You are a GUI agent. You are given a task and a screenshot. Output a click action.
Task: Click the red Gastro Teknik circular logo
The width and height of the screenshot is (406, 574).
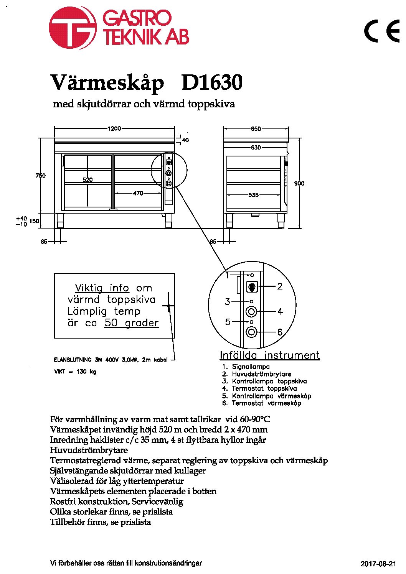coord(73,28)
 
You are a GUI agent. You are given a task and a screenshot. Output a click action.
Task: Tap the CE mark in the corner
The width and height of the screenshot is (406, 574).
coord(382,31)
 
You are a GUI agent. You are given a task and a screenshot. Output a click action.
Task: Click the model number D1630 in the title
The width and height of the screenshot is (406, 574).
coord(212,82)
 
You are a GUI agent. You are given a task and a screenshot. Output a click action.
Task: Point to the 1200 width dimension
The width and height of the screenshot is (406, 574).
coord(114,128)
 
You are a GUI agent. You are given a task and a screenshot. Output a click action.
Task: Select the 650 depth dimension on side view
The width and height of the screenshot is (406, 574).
coord(256,128)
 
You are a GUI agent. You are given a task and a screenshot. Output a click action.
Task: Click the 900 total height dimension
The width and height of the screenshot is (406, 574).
coord(299,184)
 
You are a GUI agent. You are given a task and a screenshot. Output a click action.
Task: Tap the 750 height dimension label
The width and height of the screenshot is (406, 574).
coord(40,176)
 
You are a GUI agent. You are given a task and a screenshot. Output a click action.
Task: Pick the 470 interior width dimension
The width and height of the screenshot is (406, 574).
coord(138,193)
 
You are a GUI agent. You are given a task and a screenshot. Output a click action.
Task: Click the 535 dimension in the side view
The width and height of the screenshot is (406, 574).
coord(253,195)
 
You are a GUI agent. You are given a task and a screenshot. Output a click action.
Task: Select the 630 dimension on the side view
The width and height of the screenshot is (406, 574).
coord(256,148)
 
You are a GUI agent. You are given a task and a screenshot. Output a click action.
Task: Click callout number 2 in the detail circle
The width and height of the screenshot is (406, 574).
coord(280,286)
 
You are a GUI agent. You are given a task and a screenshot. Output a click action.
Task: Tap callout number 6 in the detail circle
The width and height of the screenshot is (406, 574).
coord(280,332)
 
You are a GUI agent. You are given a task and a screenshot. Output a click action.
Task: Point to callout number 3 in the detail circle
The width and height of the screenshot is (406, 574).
coord(227,302)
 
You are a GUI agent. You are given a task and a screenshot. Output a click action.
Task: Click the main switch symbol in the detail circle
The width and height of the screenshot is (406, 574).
coord(252,287)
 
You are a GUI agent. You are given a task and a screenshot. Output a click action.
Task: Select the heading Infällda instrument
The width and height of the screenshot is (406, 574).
coord(270,355)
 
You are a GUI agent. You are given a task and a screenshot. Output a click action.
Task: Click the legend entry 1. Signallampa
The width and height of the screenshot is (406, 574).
coord(246,367)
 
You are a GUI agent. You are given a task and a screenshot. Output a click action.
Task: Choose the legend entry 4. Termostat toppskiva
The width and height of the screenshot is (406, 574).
coord(259,388)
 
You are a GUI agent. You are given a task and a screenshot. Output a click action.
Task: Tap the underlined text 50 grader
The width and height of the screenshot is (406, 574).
coord(132,323)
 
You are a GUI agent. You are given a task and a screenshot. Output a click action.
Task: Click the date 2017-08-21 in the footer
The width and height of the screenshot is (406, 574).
coord(378,564)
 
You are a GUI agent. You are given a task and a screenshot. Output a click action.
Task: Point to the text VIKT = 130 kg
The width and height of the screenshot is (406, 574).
coord(75,372)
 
